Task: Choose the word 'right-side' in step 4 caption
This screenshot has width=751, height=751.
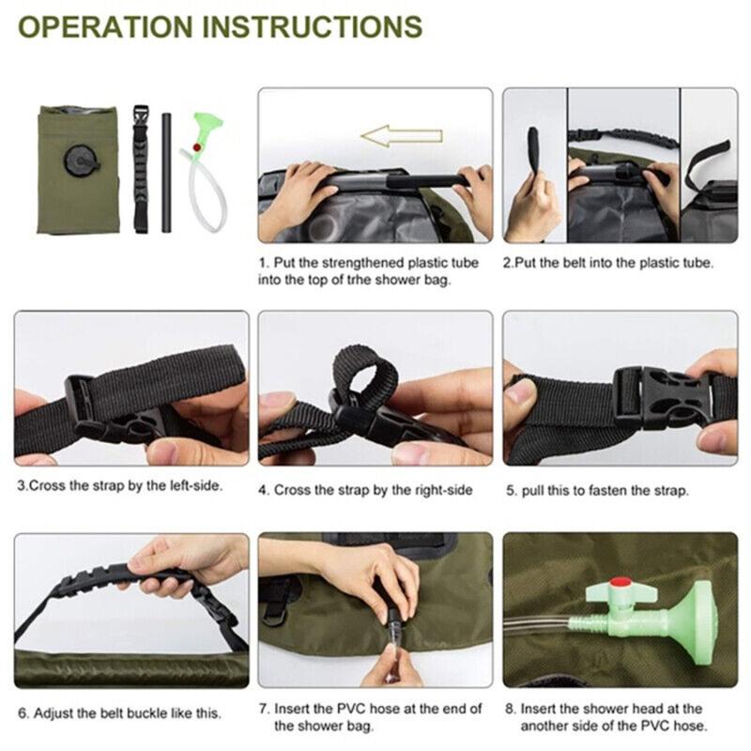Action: tap(435, 489)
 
